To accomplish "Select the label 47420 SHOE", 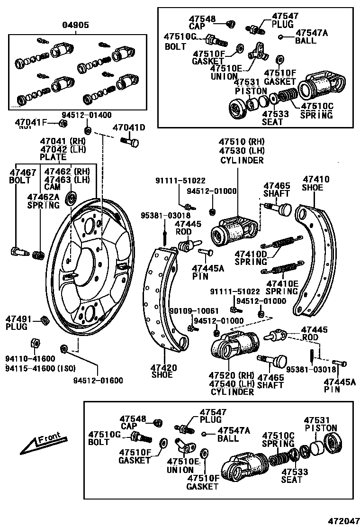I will (164, 371).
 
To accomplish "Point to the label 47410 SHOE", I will (316, 183).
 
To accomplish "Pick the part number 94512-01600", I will (98, 380).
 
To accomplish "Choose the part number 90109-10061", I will (201, 311).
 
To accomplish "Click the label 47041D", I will (129, 127).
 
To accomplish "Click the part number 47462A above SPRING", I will (43, 197).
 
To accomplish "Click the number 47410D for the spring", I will (251, 254).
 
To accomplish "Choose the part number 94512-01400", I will (87, 115).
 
